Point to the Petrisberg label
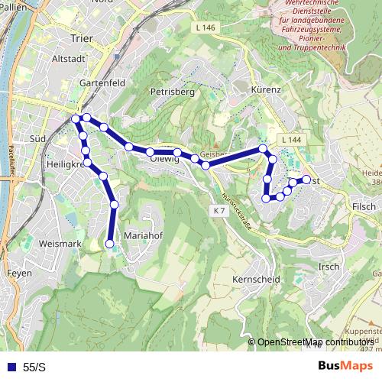pyautogui.click(x=173, y=92)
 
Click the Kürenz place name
pyautogui.click(x=267, y=90)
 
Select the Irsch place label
pyautogui.click(x=328, y=266)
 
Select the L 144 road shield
pyautogui.click(x=291, y=141)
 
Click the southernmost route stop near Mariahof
pyautogui.click(x=109, y=244)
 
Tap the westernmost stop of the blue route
pyautogui.click(x=76, y=119)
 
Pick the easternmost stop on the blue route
pyautogui.click(x=306, y=180)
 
